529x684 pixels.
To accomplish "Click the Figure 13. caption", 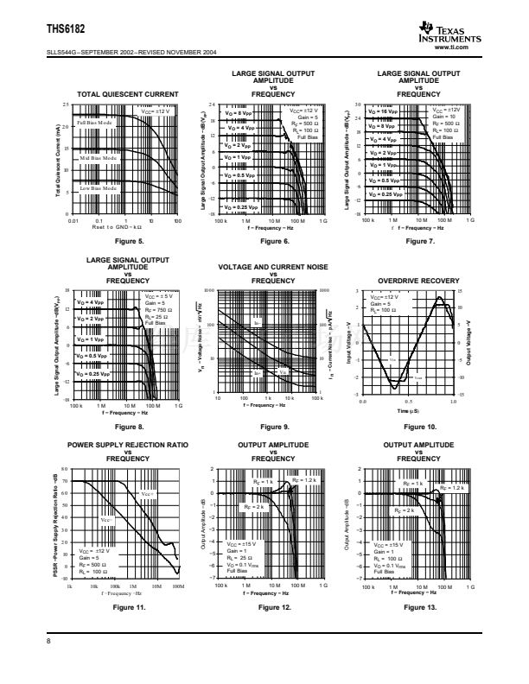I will pos(419,608).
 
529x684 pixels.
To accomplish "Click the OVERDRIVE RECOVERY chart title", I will pos(419,282).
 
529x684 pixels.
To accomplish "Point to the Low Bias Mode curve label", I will pos(97,187).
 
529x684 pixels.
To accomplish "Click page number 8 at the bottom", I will pos(49,640).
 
